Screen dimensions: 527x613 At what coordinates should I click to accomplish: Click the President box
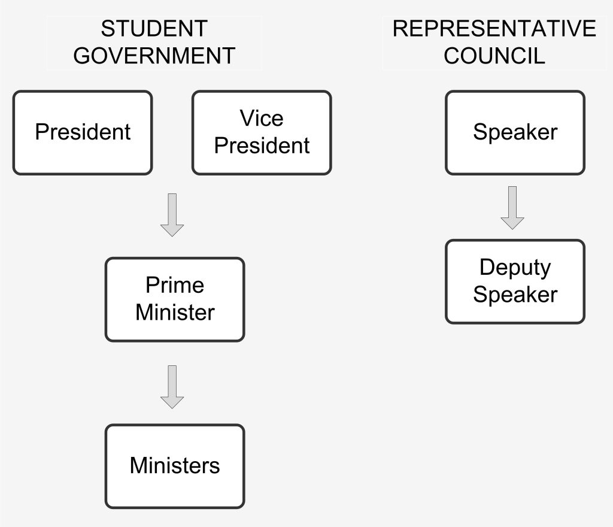click(83, 133)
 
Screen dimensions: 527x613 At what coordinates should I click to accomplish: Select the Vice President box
click(262, 133)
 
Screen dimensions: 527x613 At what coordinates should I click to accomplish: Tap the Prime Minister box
click(175, 299)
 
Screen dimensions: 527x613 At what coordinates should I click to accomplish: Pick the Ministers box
click(175, 466)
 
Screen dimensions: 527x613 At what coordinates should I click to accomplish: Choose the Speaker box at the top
click(515, 133)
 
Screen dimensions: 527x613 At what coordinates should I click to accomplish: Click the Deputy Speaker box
click(515, 281)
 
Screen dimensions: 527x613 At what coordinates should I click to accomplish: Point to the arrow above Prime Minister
click(172, 215)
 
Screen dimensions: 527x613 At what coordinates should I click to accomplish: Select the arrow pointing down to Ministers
click(172, 387)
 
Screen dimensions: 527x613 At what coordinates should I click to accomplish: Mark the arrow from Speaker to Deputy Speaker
click(512, 208)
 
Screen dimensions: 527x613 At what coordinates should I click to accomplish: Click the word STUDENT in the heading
click(154, 29)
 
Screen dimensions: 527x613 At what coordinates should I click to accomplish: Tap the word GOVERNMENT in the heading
click(154, 56)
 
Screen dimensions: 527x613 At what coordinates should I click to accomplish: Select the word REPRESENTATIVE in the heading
click(494, 29)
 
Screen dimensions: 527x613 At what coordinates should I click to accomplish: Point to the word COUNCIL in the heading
click(494, 56)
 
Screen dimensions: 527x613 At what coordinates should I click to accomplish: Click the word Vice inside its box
click(262, 119)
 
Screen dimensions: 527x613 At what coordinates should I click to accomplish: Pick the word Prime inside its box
click(175, 286)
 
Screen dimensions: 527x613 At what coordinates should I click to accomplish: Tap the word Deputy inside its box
click(515, 268)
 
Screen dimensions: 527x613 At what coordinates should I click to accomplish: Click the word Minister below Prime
click(175, 313)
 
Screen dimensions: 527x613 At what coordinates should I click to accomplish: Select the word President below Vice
click(262, 146)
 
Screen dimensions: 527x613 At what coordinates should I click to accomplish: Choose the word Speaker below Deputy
click(515, 295)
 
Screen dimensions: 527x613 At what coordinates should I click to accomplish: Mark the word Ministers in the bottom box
click(175, 466)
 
